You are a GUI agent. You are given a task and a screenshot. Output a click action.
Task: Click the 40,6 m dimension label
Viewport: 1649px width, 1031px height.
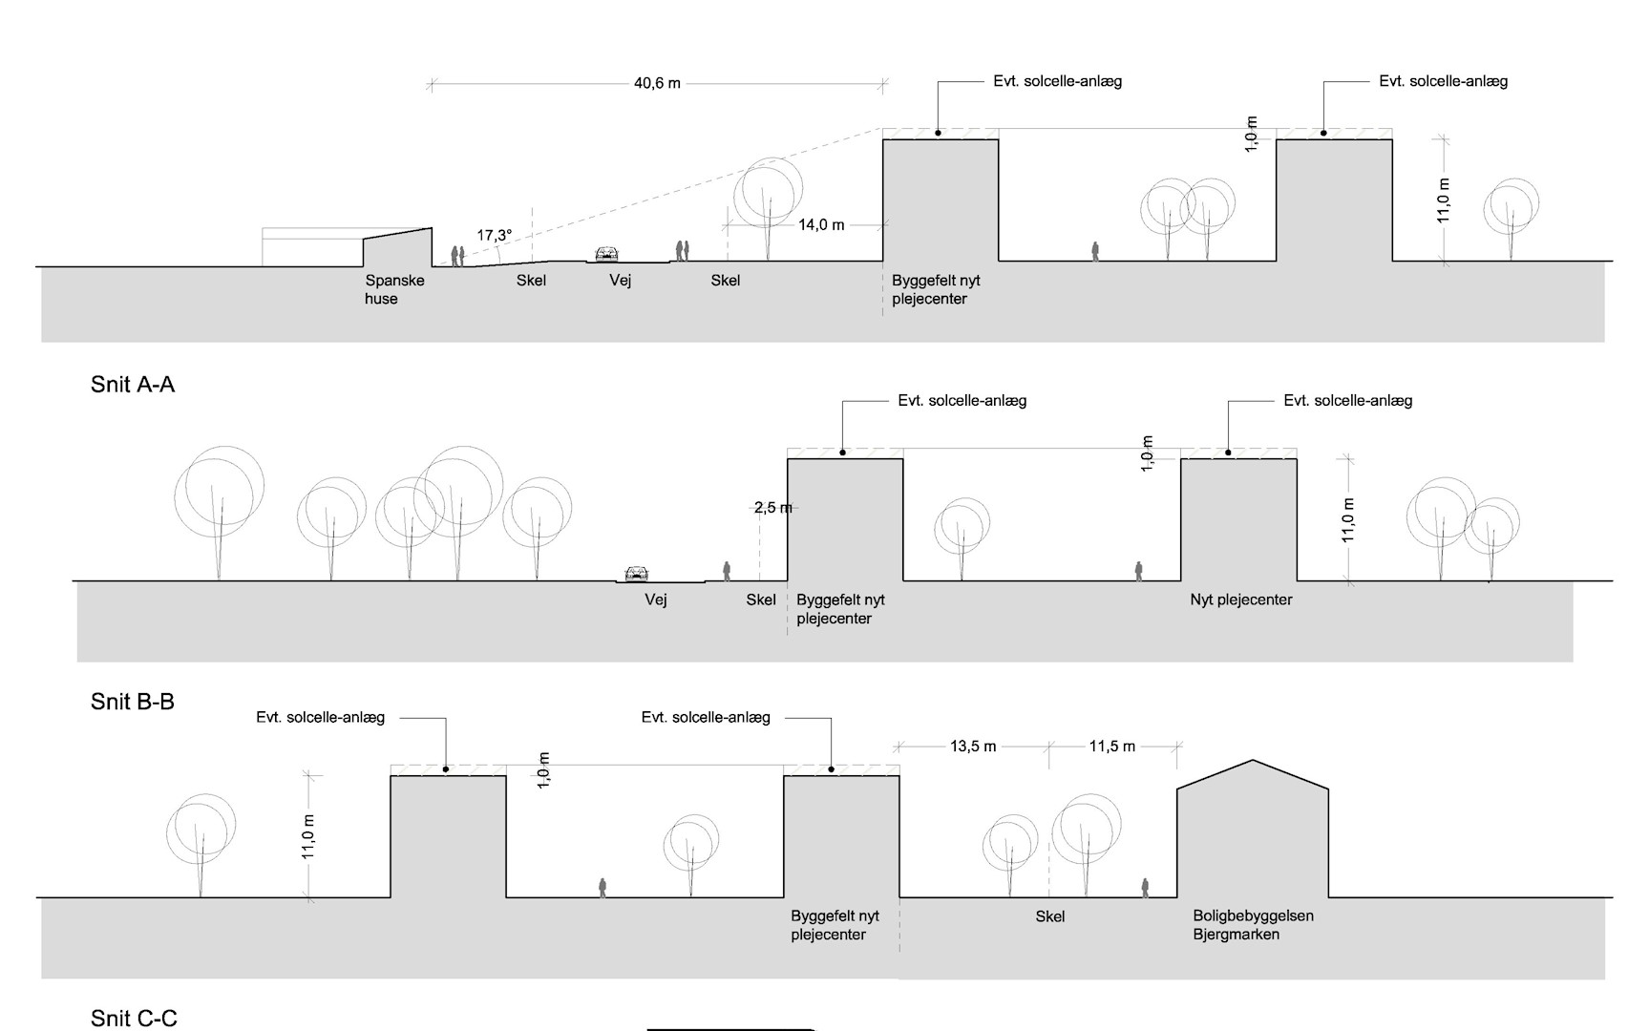coord(657,83)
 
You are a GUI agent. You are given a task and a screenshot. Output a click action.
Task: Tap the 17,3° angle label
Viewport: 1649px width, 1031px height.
coord(495,235)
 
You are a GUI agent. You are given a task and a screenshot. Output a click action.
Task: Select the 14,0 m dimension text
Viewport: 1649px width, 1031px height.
coord(821,225)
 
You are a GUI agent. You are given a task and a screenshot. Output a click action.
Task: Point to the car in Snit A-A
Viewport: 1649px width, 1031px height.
coord(606,254)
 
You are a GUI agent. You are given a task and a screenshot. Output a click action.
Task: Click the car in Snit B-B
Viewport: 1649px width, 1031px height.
coord(637,574)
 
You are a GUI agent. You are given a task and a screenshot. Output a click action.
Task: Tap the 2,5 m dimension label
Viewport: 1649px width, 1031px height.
coord(772,508)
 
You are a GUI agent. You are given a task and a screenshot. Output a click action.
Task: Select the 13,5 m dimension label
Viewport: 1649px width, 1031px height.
coord(973,747)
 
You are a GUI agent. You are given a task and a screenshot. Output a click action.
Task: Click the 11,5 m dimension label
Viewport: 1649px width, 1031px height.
coord(1112,747)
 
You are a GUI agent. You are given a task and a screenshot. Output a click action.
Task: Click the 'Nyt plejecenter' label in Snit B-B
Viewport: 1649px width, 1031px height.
coord(1241,600)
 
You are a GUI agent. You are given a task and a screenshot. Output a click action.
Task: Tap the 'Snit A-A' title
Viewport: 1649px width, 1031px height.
coord(133,385)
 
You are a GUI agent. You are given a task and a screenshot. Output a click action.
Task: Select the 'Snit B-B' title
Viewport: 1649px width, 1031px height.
coord(133,702)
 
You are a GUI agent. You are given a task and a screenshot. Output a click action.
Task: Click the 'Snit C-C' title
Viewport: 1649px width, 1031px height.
coord(134,1019)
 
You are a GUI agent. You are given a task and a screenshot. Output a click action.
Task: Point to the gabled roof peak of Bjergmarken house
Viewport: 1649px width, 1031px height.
coord(1253,760)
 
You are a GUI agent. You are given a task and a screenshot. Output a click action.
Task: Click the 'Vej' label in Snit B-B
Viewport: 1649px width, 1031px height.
coord(656,600)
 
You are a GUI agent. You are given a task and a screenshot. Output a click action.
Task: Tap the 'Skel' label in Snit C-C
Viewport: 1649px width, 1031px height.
coord(1050,916)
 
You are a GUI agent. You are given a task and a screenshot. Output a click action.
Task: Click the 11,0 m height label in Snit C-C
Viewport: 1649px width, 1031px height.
coord(308,836)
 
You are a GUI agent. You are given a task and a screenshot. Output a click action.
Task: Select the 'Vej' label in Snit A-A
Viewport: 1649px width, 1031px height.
coord(621,281)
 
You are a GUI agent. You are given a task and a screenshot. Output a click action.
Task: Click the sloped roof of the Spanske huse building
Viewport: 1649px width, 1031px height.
coord(397,233)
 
